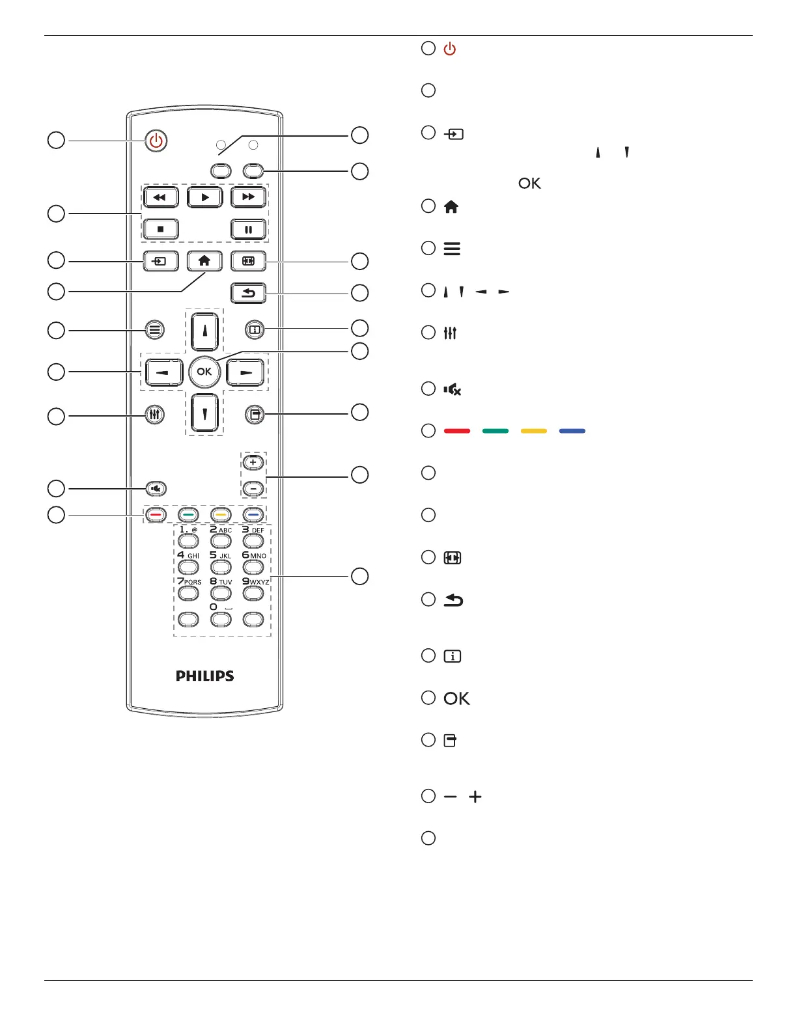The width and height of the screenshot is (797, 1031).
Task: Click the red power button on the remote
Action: pyautogui.click(x=156, y=141)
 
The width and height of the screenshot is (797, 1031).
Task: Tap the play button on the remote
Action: pyautogui.click(x=204, y=197)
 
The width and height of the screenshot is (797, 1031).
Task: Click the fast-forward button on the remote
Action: pyautogui.click(x=249, y=197)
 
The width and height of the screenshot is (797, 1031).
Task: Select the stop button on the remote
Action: pyautogui.click(x=160, y=229)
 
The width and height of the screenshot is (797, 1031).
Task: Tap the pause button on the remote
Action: pyautogui.click(x=249, y=229)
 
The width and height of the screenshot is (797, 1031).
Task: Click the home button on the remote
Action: pyautogui.click(x=204, y=261)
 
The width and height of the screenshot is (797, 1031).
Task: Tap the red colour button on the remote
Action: pyautogui.click(x=155, y=515)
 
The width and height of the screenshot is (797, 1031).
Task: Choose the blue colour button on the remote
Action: pyautogui.click(x=253, y=515)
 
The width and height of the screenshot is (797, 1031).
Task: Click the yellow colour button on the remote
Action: pyautogui.click(x=221, y=515)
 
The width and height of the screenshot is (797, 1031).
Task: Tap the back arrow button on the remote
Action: pyautogui.click(x=248, y=293)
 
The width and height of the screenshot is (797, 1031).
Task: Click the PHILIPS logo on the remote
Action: pyautogui.click(x=204, y=676)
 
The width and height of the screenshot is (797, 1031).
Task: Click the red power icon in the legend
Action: pyautogui.click(x=450, y=49)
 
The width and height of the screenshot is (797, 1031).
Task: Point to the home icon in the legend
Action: pyautogui.click(x=451, y=207)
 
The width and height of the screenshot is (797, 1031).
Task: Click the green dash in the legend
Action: pyautogui.click(x=496, y=431)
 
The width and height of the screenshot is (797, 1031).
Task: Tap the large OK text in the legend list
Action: pyautogui.click(x=456, y=698)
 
